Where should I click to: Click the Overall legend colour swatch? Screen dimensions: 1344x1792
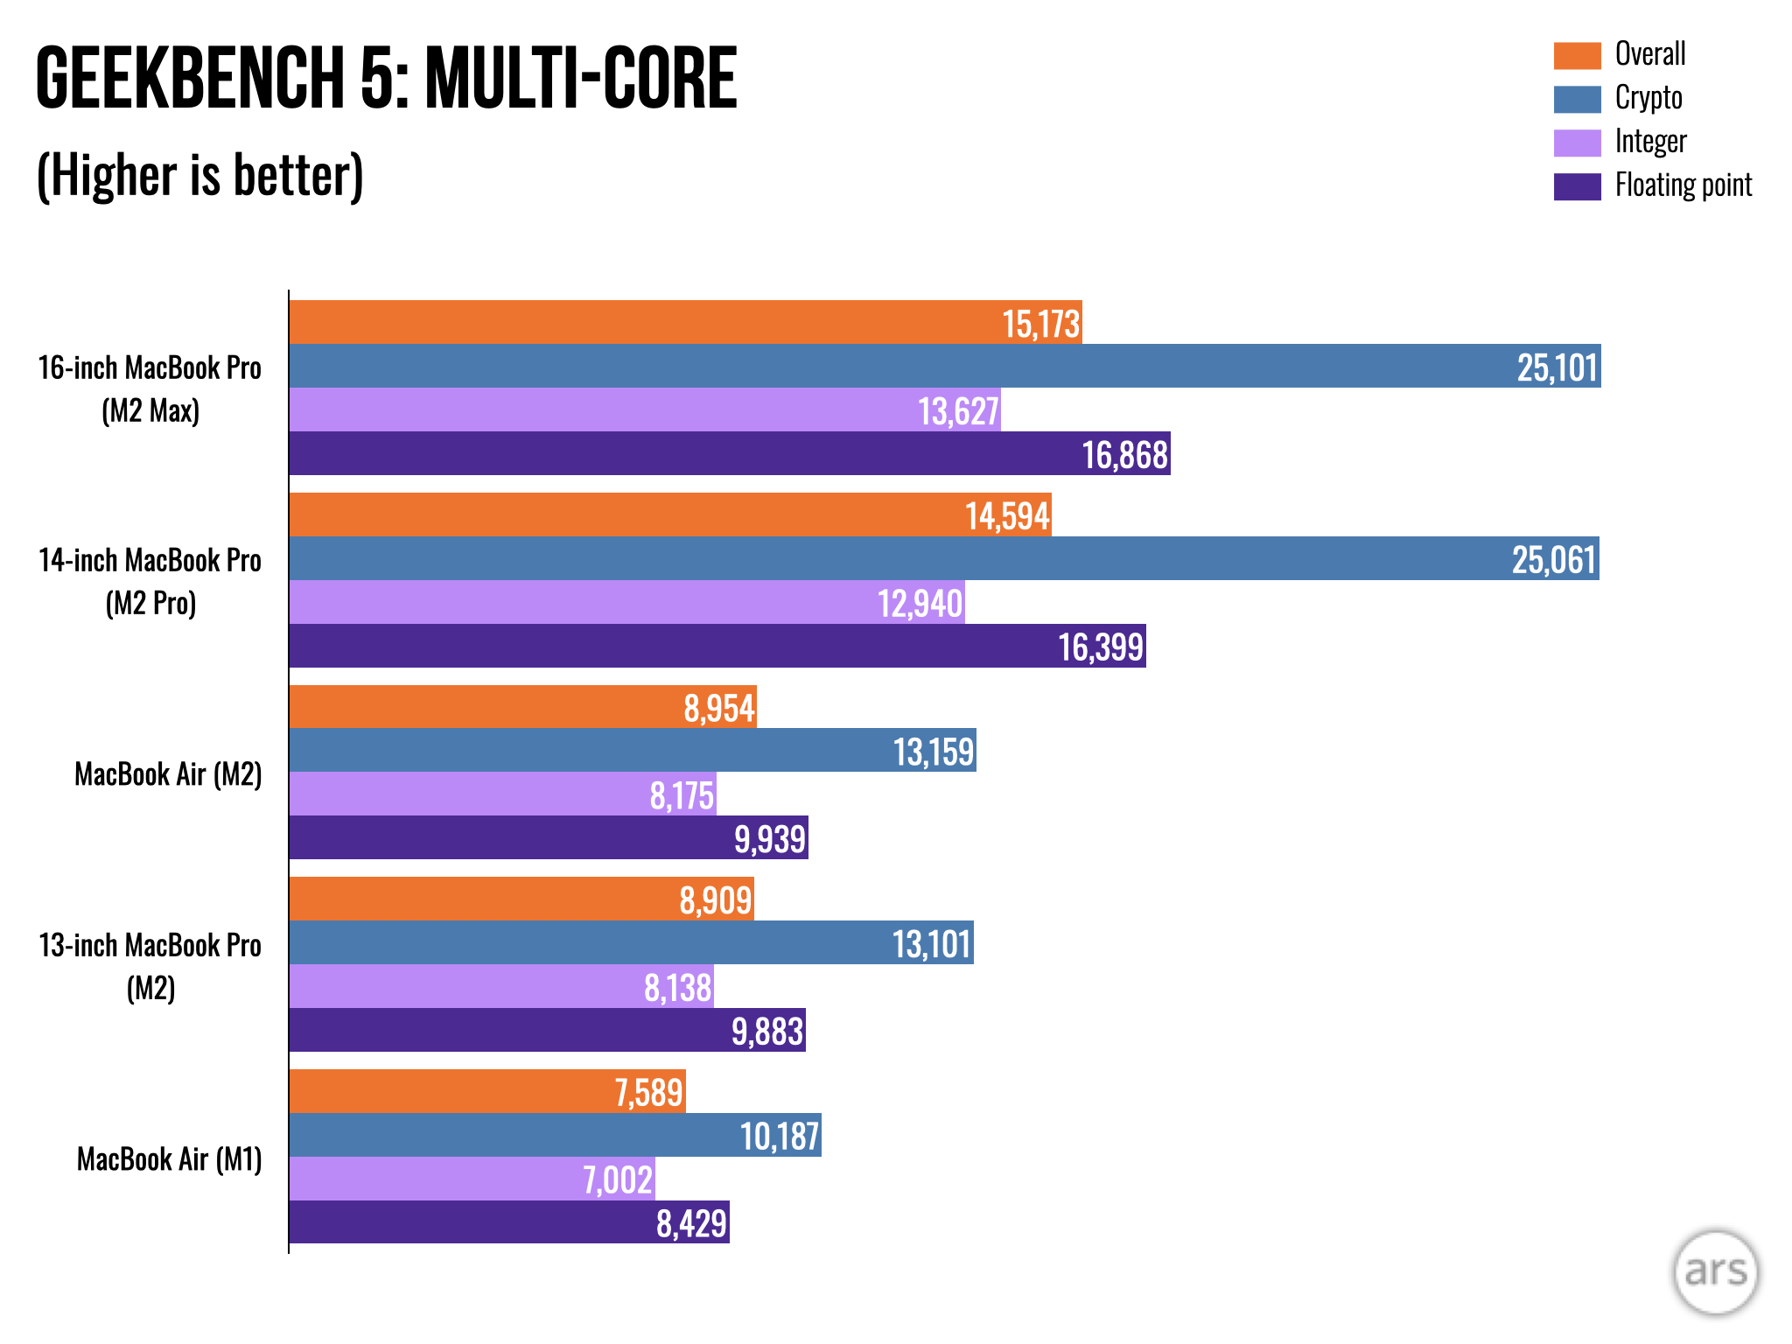(1577, 55)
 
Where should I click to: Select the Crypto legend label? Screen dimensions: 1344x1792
(1648, 98)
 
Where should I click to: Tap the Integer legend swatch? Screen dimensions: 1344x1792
(1577, 143)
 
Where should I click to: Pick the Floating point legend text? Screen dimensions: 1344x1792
(1683, 185)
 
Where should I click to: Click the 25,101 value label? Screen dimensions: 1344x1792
(1557, 367)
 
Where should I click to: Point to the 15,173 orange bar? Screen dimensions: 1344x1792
(685, 322)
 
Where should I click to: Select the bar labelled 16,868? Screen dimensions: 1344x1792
(729, 453)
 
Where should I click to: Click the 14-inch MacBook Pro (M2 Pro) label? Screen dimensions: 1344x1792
(150, 581)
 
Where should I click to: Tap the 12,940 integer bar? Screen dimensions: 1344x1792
(626, 602)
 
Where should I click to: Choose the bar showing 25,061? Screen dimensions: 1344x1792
(943, 558)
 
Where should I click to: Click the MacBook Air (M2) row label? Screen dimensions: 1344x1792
(168, 774)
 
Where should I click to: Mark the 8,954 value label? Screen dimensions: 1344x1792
(719, 708)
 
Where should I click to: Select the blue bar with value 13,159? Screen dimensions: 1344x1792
(632, 751)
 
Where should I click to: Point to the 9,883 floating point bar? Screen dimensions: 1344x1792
(547, 1030)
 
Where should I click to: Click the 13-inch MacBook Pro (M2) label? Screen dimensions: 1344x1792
(150, 966)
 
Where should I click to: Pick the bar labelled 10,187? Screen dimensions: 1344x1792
(555, 1135)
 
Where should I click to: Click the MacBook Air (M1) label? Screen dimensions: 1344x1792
(169, 1159)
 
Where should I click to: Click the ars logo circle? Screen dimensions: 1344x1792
(1715, 1271)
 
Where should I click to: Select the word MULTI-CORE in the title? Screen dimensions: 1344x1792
(581, 79)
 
